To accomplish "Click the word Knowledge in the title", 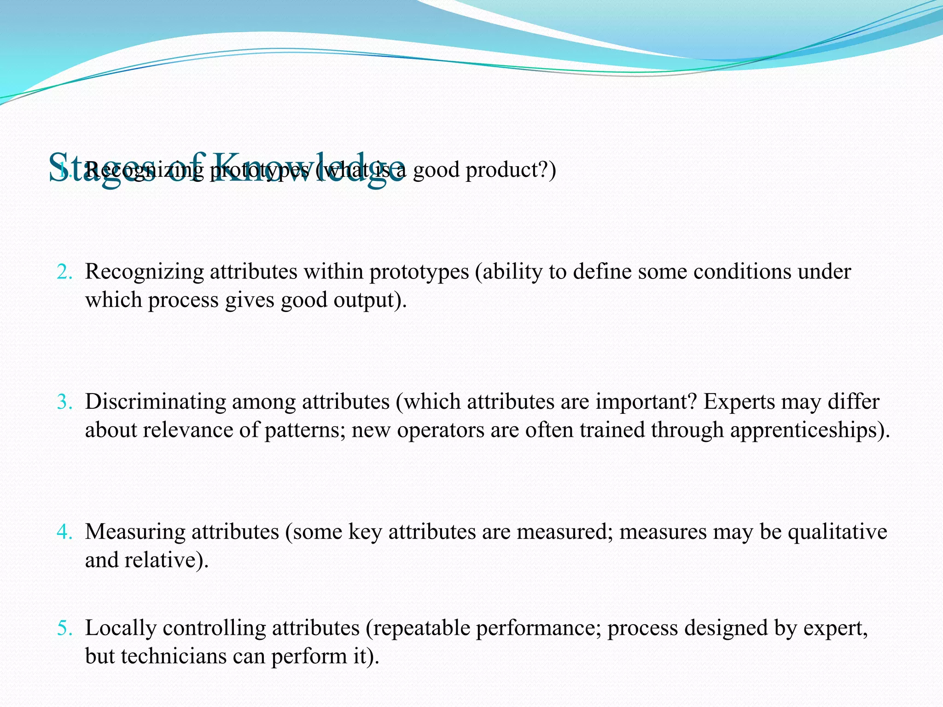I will pyautogui.click(x=309, y=167).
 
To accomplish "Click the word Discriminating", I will pyautogui.click(x=155, y=402).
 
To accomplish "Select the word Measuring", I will pyautogui.click(x=135, y=533).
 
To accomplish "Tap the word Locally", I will pyautogui.click(x=121, y=629).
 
